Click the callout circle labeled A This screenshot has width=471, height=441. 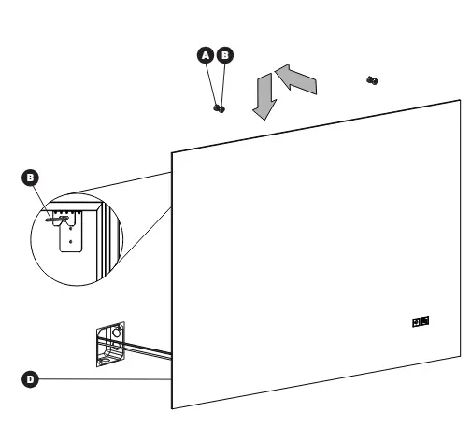[206, 55]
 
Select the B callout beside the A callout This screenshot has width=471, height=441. [225, 55]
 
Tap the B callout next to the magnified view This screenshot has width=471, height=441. [30, 178]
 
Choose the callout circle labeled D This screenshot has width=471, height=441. [30, 379]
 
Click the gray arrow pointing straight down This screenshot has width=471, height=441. [264, 96]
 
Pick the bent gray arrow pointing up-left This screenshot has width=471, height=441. [296, 78]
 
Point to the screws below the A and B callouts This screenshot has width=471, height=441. [220, 108]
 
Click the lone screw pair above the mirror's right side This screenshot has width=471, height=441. [372, 80]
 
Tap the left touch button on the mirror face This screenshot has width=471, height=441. [416, 322]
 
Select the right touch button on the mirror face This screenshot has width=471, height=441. [425, 320]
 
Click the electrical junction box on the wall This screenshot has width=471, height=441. [110, 344]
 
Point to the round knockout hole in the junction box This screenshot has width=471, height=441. [117, 333]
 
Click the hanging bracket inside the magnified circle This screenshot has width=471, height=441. [68, 231]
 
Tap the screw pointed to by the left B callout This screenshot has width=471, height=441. [57, 219]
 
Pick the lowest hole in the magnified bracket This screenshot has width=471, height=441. [71, 241]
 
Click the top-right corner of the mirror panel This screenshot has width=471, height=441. [460, 100]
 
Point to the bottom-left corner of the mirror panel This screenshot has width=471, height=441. [172, 408]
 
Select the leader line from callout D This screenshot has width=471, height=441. [105, 379]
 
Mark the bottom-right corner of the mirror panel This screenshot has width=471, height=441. [461, 356]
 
